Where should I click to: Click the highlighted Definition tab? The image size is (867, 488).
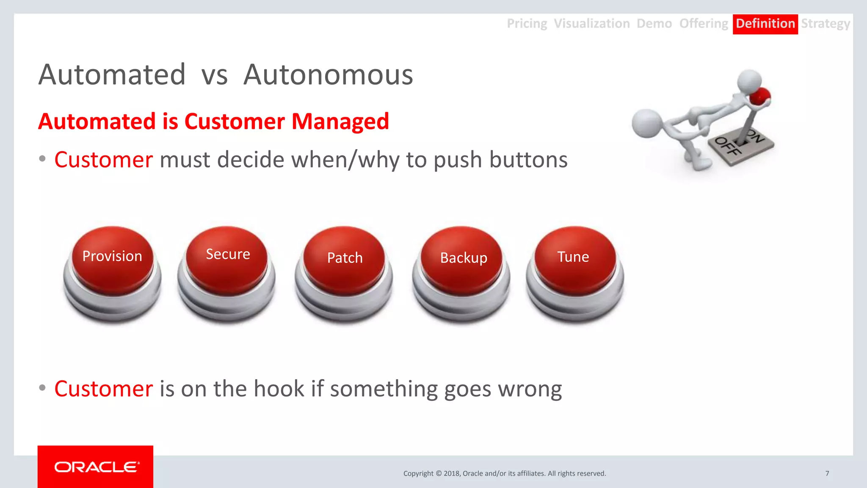(765, 24)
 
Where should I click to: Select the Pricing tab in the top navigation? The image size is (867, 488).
(527, 24)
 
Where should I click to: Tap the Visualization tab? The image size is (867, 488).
(591, 24)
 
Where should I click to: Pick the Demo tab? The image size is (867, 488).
(654, 24)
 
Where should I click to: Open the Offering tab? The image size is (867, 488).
(704, 24)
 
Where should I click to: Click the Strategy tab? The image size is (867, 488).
(825, 24)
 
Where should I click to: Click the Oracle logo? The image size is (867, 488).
(96, 467)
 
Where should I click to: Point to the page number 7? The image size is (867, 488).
(827, 474)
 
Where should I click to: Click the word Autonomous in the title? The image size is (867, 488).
(328, 75)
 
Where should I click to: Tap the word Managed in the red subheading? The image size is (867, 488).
(340, 122)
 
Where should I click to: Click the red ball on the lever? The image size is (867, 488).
(760, 97)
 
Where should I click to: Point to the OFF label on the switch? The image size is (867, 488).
(727, 146)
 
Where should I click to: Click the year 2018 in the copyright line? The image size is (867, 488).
(452, 474)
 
